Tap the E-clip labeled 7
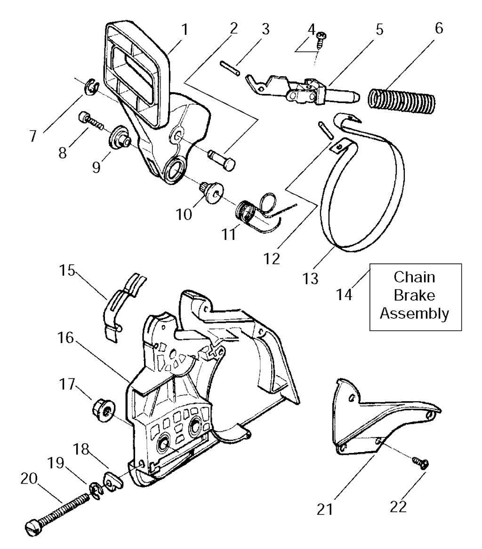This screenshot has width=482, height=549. [90, 88]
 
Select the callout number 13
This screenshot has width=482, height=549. [311, 278]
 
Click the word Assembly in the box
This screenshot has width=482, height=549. [414, 313]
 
